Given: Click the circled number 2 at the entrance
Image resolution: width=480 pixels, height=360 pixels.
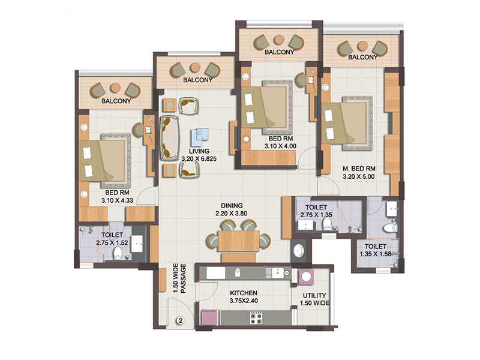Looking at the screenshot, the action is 181,321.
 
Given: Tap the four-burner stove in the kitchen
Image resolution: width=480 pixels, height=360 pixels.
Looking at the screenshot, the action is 256,318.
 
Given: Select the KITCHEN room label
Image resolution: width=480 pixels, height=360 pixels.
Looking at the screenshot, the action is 244,293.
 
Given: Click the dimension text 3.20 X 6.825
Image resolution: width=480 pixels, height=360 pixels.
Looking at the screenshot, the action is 199,159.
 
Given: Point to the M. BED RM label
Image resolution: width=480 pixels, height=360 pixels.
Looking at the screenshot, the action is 359,169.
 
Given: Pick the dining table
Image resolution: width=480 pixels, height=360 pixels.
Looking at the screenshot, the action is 239,241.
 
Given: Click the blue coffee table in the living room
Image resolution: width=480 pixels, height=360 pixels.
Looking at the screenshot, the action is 200,136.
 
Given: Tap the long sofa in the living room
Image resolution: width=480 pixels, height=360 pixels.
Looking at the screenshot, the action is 169,138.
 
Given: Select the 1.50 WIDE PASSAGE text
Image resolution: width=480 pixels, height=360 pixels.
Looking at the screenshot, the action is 179,278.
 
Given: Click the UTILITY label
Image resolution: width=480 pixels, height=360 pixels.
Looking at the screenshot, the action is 314,296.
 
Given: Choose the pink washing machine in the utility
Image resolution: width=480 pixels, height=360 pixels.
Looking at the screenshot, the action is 305,277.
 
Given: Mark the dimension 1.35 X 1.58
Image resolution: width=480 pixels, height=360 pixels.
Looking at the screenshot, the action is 376,254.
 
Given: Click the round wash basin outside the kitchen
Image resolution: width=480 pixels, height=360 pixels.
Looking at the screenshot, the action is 298,250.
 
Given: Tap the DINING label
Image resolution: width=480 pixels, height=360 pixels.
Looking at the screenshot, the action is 232,206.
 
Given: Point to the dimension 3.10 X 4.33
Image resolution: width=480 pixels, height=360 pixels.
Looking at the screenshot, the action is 117,200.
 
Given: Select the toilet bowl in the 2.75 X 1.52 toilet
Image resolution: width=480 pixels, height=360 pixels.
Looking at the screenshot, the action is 117,253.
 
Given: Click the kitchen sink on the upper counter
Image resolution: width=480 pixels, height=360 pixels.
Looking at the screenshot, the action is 278,272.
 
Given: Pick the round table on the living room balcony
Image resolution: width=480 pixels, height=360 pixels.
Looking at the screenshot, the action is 194,68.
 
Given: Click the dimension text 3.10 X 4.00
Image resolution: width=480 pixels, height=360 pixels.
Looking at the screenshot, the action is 280,146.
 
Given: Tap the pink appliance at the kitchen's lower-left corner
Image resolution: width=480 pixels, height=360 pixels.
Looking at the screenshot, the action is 209,317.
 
